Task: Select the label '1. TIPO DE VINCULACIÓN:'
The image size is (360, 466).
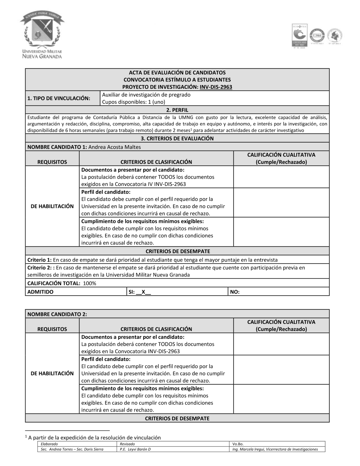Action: click(x=59, y=98)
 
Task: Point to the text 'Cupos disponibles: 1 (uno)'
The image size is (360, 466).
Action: click(x=134, y=102)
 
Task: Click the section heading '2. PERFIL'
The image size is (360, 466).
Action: click(x=177, y=110)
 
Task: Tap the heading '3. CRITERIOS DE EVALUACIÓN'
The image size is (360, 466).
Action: click(x=177, y=138)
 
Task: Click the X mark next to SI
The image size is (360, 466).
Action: click(x=143, y=292)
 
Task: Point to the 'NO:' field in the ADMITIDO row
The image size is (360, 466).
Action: click(x=234, y=292)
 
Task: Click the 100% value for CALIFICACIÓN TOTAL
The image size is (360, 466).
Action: click(x=90, y=283)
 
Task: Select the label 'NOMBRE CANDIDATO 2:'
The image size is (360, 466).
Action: click(x=57, y=314)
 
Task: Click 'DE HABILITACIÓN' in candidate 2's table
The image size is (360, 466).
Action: click(x=52, y=373)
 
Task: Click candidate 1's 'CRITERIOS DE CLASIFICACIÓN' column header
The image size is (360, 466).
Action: click(x=156, y=162)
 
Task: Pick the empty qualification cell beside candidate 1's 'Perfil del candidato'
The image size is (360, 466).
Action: click(x=281, y=202)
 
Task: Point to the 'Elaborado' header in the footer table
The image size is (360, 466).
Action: click(x=49, y=444)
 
